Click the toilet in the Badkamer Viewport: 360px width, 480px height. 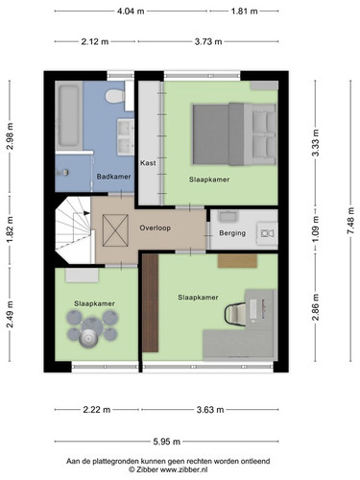point(115,96)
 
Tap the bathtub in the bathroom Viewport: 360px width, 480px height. point(69,115)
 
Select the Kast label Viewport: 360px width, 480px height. point(148,163)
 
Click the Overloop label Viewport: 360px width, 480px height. point(155,228)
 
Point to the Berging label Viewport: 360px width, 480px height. point(232,233)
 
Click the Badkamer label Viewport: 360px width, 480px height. point(113,177)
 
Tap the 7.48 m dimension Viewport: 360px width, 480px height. point(351,221)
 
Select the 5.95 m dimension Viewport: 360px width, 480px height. point(167,442)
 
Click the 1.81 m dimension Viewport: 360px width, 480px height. point(244,12)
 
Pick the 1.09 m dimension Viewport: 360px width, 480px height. point(316,229)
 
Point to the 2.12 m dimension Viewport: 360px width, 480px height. point(95,41)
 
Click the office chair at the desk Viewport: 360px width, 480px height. point(235,313)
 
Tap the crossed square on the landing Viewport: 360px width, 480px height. point(115,230)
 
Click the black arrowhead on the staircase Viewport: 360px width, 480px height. point(86,213)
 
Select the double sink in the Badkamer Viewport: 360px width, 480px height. point(126,137)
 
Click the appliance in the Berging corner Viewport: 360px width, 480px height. point(267,233)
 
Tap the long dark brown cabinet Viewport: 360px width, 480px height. point(151,303)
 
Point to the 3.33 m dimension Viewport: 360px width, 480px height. point(316,142)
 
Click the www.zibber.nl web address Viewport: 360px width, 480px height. point(183,469)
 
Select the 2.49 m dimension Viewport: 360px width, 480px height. point(10,314)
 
